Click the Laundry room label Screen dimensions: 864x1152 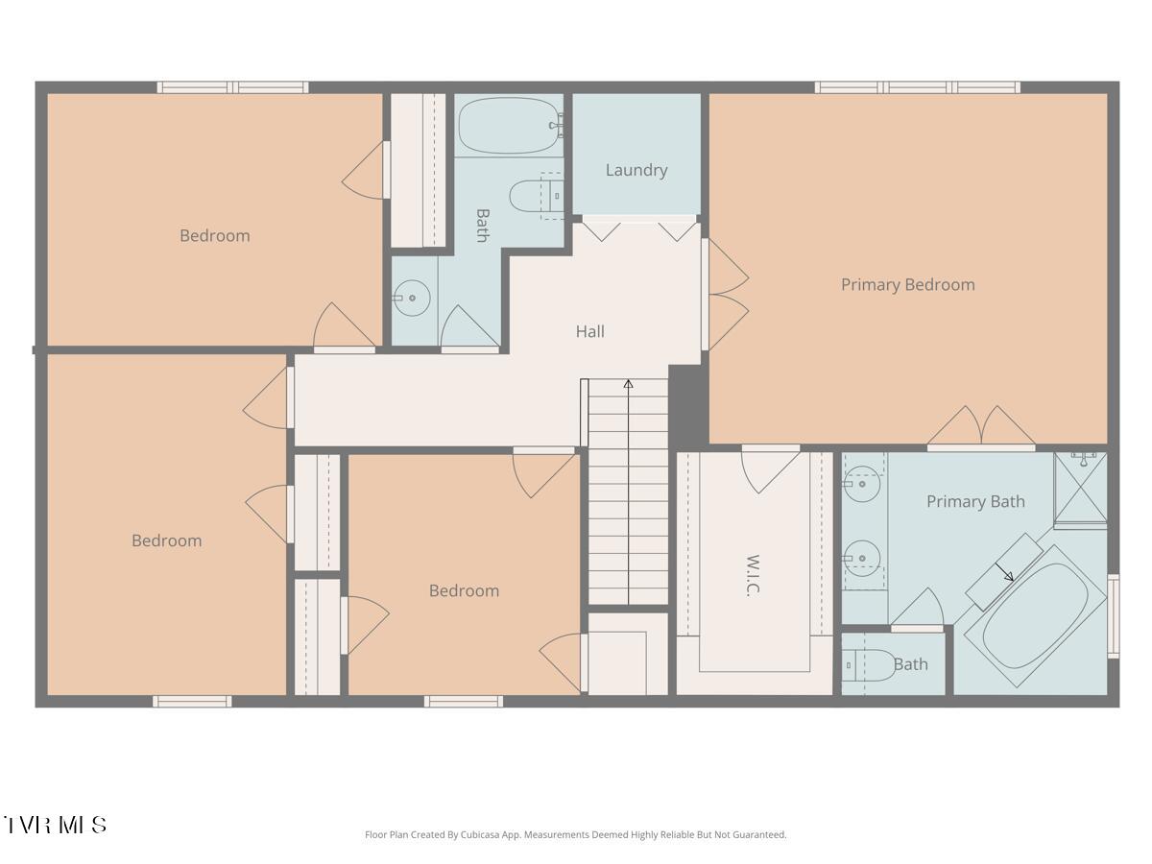point(636,170)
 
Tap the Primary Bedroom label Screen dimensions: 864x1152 point(907,284)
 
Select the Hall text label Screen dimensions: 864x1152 point(589,331)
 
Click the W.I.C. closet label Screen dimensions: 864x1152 point(754,575)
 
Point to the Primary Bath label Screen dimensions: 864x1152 point(974,501)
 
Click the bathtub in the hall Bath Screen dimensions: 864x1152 point(509,125)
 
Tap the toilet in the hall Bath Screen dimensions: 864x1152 point(533,196)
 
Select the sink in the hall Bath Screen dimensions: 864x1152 point(412,298)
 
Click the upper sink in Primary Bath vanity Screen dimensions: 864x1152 point(863,484)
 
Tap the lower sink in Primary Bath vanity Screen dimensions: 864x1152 point(863,556)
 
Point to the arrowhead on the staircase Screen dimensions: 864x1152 point(628,384)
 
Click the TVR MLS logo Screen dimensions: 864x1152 point(55,825)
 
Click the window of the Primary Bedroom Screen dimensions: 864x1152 point(917,87)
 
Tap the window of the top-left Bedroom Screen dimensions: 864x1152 point(232,87)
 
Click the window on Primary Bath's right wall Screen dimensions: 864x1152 point(1113,615)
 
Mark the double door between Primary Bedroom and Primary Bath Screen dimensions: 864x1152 point(981,429)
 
